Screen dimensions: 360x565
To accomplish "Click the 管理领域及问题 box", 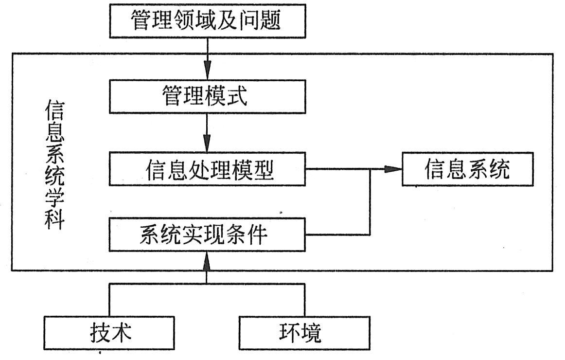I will point(208,21).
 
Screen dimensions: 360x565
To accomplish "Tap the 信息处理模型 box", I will point(208,169).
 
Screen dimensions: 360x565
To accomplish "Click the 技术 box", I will point(109,333).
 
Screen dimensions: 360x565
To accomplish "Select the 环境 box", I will point(304,333).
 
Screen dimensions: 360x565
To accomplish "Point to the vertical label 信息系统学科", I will point(53,165).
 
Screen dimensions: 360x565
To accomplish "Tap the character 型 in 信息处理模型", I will point(263,169).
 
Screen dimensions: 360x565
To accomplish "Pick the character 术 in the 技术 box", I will point(121,333).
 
